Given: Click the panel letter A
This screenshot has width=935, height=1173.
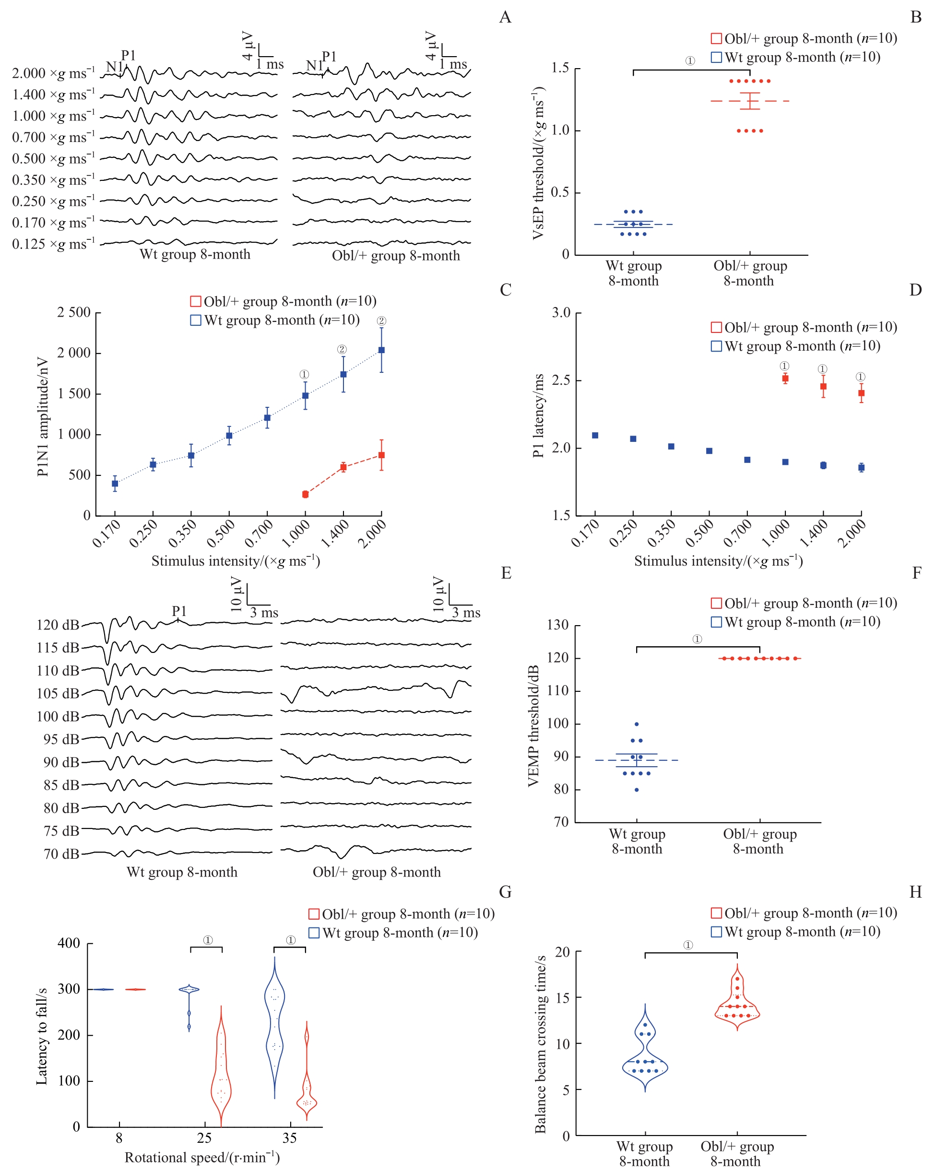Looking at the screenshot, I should click(505, 17).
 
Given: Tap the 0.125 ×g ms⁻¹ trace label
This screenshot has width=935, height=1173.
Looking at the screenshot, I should click(53, 244).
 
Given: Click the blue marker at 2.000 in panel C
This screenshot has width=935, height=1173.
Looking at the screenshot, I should click(381, 350).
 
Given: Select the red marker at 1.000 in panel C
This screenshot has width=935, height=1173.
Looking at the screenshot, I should click(305, 494).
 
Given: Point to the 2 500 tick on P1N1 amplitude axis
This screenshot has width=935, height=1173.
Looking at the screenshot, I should click(74, 313).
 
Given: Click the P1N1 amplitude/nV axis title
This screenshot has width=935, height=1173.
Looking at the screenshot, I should click(42, 417).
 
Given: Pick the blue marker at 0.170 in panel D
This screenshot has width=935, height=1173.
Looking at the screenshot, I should click(595, 435).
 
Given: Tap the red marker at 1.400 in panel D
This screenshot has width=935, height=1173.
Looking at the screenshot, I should click(823, 386).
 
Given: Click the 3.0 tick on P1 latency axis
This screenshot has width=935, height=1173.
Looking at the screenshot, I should click(561, 313).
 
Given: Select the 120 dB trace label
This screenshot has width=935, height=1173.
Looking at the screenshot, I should click(58, 625).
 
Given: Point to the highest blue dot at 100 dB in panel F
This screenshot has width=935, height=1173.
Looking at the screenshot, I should click(637, 724).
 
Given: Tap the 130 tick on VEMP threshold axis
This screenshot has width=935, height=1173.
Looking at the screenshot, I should click(557, 625).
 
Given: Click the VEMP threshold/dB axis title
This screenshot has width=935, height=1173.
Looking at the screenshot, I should click(533, 725).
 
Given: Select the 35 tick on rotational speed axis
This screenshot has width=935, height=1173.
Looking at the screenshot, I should click(289, 1137).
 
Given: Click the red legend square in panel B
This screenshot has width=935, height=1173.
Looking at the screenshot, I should click(716, 39).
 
